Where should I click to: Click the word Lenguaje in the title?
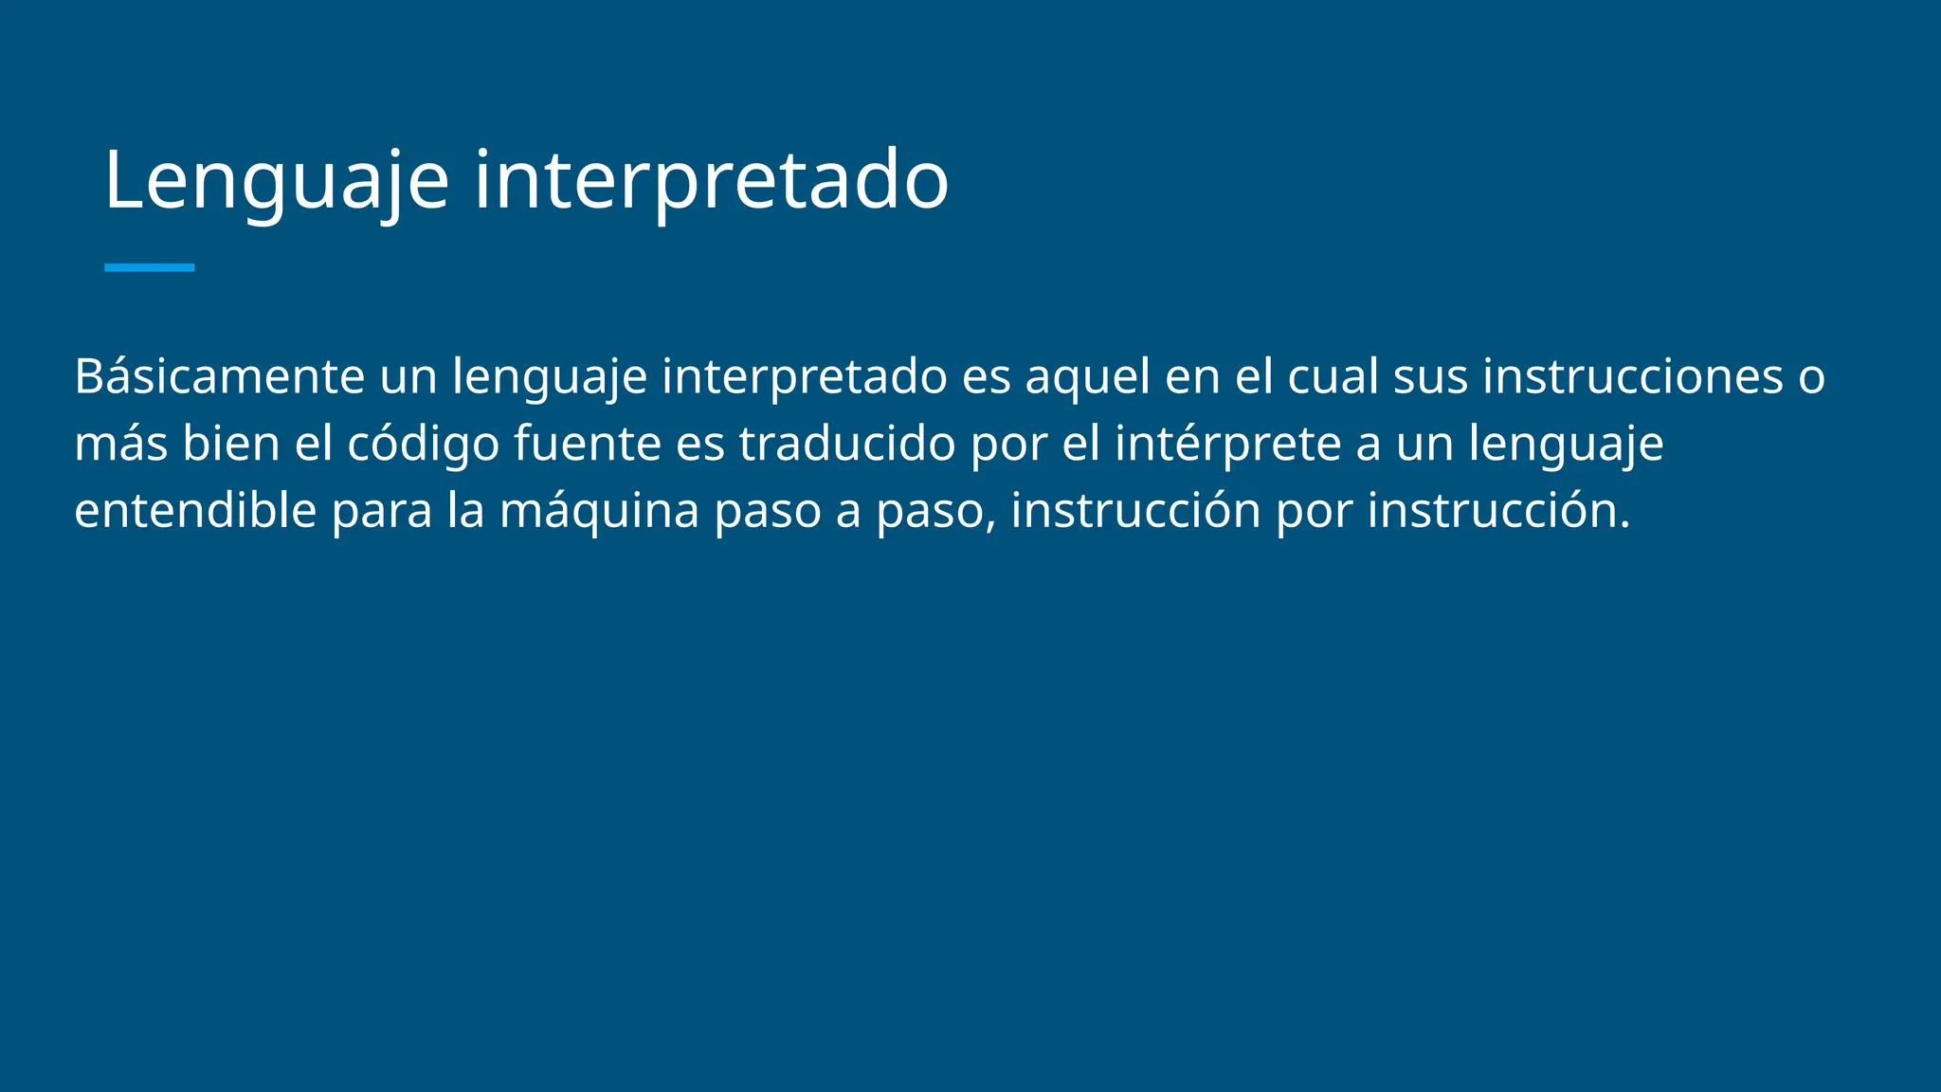point(276,180)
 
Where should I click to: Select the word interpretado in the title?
point(711,180)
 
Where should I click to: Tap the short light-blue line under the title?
point(149,267)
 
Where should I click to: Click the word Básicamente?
point(219,376)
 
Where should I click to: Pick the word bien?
point(230,444)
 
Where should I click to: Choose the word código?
point(423,444)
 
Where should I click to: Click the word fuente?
point(587,444)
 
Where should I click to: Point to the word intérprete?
point(1227,444)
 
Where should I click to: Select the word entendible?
point(195,511)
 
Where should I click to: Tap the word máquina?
point(599,511)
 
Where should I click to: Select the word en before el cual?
point(1191,376)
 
